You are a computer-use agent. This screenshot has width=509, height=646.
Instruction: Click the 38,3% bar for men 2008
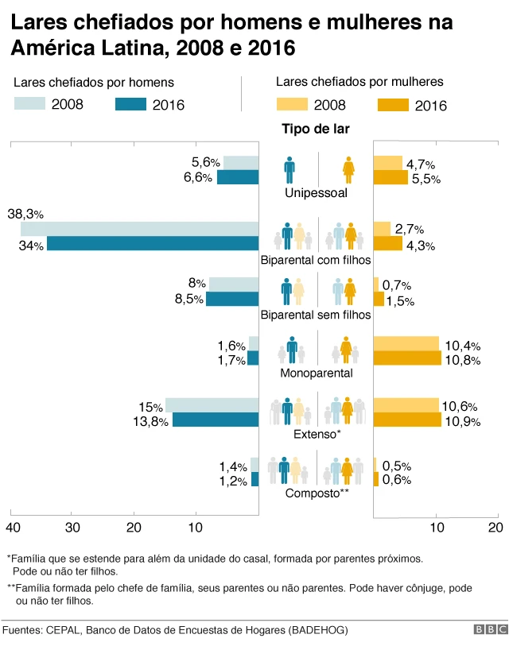click(x=140, y=229)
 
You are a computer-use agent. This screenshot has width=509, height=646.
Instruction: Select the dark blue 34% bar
click(x=153, y=244)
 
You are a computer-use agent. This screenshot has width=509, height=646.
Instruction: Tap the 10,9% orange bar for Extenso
click(x=407, y=420)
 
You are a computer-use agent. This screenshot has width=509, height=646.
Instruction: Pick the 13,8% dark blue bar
click(x=216, y=420)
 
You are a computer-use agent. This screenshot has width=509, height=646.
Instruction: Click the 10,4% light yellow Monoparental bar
click(x=406, y=344)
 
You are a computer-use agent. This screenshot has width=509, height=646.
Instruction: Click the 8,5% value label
click(x=188, y=299)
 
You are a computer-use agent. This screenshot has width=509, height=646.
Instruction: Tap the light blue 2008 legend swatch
click(x=29, y=103)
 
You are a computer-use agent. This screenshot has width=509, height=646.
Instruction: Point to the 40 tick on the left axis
click(x=12, y=528)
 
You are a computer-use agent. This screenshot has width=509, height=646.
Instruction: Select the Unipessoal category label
click(x=316, y=192)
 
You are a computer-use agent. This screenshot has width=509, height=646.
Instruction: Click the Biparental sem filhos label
click(x=316, y=315)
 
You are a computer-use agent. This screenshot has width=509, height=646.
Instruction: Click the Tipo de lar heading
click(x=316, y=129)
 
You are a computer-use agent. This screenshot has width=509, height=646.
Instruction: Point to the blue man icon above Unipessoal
click(x=290, y=169)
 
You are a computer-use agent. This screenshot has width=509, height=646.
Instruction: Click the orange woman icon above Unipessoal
click(x=348, y=169)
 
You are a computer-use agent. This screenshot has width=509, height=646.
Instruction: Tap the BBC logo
click(x=490, y=630)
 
